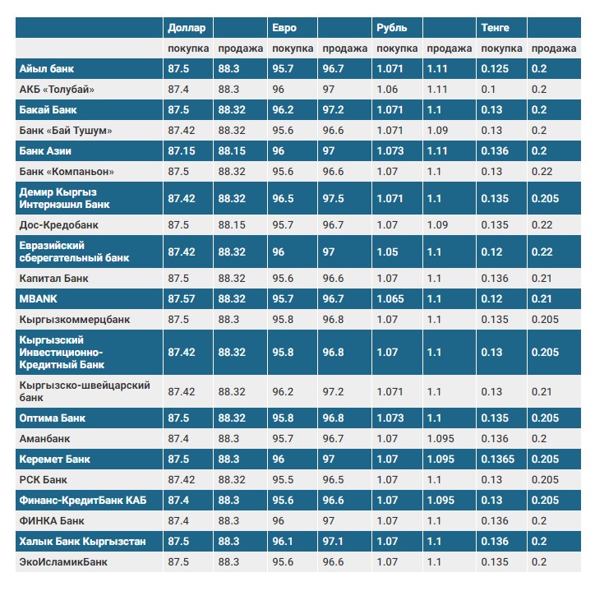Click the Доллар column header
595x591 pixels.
(186, 28)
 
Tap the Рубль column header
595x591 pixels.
(391, 28)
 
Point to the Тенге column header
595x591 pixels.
(496, 28)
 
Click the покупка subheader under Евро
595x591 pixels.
(293, 49)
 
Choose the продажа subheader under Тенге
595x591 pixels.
(553, 49)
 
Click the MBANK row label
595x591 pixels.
(38, 298)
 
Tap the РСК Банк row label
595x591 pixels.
(44, 479)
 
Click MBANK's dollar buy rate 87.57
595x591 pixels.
(182, 298)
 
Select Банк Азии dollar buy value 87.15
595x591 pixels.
(182, 151)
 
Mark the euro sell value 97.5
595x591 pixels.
(334, 198)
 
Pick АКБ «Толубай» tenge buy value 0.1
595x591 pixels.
(488, 89)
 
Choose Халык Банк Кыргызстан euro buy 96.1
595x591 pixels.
(284, 542)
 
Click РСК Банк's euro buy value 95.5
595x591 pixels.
(284, 479)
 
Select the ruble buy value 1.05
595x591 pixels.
(388, 252)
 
